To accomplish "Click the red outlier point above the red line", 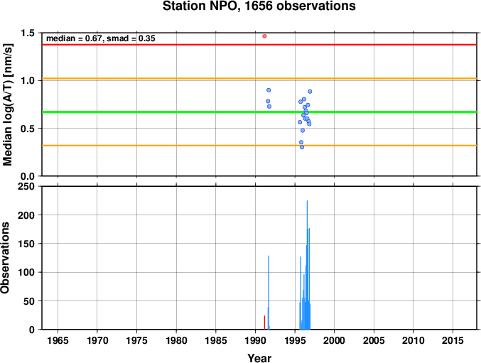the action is click(264, 36).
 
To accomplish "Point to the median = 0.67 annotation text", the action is click(75, 38).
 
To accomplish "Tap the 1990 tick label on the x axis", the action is click(256, 340).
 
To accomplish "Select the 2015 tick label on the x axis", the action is click(453, 340).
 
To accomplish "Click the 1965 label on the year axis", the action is click(58, 340).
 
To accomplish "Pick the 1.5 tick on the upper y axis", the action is click(27, 33).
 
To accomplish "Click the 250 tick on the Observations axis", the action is click(26, 186).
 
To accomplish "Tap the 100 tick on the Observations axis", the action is click(26, 272).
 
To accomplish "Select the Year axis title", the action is click(259, 358).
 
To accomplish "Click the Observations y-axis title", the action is click(5, 258).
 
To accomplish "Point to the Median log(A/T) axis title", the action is click(8, 104).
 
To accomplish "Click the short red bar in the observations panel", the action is click(264, 323).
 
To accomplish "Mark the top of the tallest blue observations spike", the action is click(307, 201).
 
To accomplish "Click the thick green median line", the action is click(259, 112).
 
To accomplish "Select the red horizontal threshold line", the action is click(259, 45).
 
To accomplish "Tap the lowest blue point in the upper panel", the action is click(302, 147).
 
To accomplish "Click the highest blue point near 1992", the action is click(269, 90).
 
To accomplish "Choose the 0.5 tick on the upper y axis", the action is click(27, 129).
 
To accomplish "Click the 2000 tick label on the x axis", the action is click(335, 340).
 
